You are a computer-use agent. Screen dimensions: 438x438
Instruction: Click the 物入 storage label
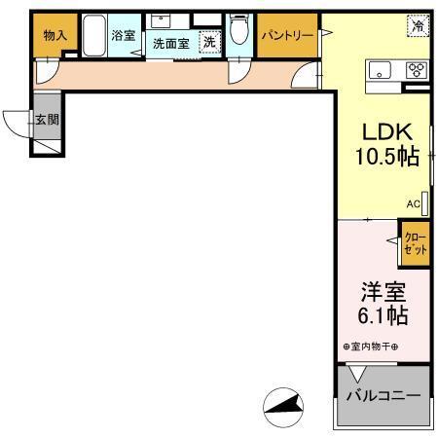[x=55, y=35]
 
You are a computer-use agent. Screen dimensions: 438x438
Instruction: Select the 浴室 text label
[x=123, y=35]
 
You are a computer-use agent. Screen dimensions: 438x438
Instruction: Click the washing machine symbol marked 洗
[x=208, y=41]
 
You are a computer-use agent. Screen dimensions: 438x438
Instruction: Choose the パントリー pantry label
[x=286, y=35]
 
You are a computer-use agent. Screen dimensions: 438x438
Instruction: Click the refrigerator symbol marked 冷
[x=417, y=26]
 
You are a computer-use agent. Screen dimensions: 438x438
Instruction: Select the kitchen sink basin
[x=379, y=70]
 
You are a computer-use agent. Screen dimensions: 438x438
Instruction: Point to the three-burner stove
[x=416, y=70]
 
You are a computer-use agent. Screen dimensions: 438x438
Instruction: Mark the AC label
[x=413, y=203]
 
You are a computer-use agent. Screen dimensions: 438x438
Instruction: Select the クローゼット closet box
[x=414, y=243]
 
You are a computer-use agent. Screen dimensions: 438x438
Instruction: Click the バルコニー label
[x=383, y=396]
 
